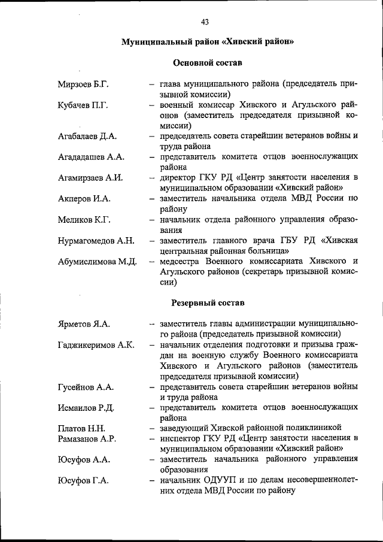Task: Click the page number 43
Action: tap(205, 22)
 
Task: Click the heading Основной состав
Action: tap(207, 63)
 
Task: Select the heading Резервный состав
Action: tap(207, 303)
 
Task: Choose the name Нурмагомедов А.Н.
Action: tap(96, 241)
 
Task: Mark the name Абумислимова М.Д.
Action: tap(98, 262)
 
